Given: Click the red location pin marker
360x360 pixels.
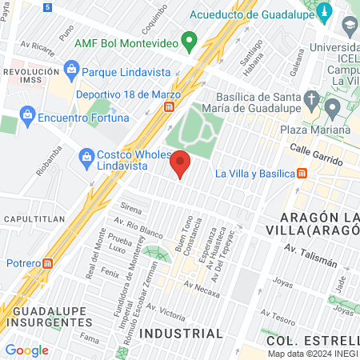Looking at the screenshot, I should tap(181, 163).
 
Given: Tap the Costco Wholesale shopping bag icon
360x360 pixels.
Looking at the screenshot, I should tap(87, 158).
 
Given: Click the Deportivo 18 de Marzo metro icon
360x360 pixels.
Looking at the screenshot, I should tap(170, 107).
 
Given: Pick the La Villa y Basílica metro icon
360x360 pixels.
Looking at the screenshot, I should tap(302, 173).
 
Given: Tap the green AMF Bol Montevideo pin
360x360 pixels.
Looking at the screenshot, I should tap(189, 40).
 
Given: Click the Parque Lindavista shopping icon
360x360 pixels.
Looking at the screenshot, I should tap(71, 71).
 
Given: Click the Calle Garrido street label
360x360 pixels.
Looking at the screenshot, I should tap(311, 150).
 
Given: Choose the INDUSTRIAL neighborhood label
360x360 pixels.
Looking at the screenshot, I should tap(181, 333).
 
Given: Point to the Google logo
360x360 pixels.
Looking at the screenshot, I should tap(26, 350).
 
